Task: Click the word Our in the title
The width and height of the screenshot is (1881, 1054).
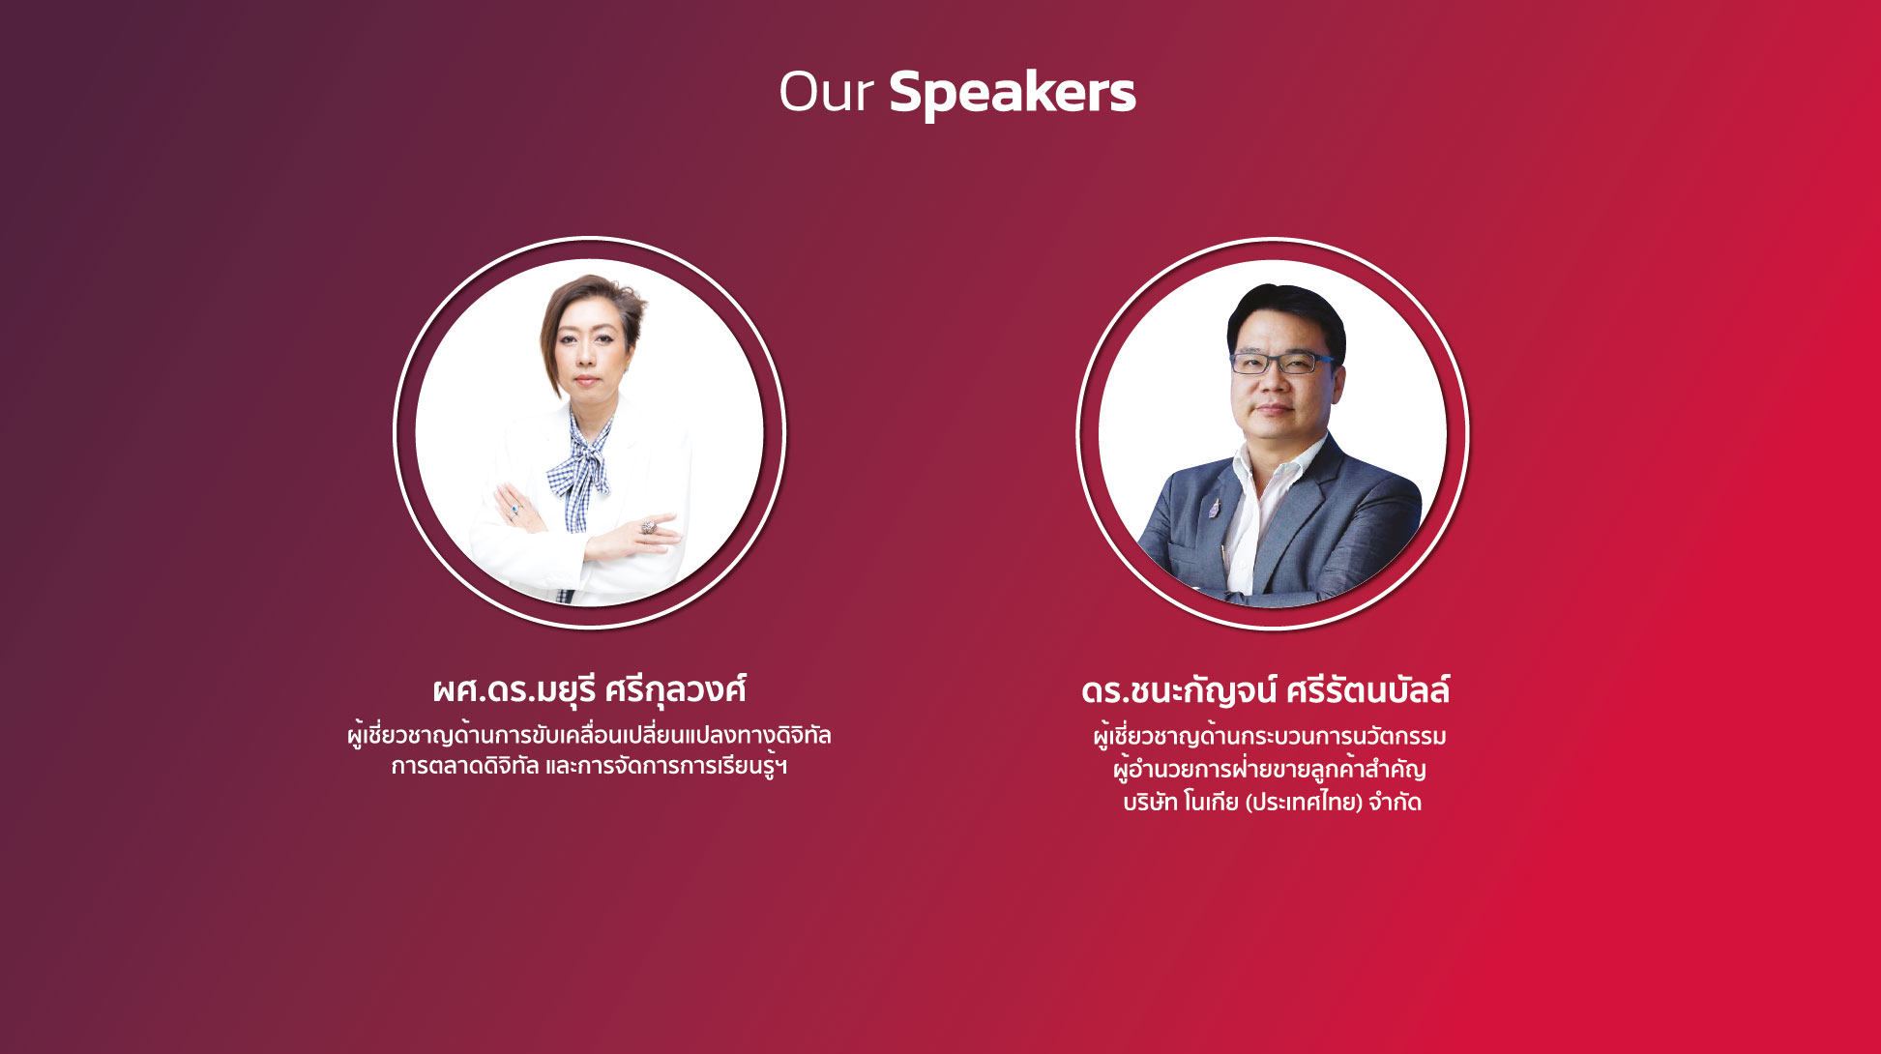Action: [x=827, y=92]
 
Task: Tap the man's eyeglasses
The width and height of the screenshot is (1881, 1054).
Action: [x=1282, y=363]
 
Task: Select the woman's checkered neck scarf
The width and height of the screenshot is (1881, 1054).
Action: [x=579, y=464]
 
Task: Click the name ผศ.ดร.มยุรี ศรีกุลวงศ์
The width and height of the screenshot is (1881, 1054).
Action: [x=589, y=690]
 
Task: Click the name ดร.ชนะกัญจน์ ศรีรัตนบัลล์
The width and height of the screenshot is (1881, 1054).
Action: [x=1266, y=690]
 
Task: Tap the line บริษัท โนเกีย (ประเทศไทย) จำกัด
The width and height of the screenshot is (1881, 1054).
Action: [x=1272, y=803]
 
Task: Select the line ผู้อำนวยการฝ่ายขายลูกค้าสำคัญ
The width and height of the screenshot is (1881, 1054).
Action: [x=1269, y=770]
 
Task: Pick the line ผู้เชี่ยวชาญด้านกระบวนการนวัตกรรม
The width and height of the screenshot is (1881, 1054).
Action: [x=1270, y=737]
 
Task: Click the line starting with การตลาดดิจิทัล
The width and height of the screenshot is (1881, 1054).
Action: [x=589, y=767]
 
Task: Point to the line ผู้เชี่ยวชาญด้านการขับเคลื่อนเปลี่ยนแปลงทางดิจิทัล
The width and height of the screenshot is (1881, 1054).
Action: [x=589, y=735]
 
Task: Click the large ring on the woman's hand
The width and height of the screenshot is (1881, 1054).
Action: [x=648, y=527]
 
